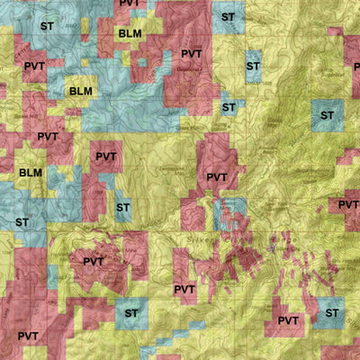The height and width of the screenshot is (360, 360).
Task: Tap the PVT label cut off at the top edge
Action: point(130,4)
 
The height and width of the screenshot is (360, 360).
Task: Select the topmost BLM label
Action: point(130,33)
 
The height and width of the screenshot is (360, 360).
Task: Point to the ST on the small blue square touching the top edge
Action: point(228,17)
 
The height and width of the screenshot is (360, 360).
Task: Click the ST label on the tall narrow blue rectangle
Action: point(253,66)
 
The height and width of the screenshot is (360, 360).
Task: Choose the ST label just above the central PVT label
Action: point(228,107)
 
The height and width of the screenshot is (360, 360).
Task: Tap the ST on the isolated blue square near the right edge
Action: point(325,115)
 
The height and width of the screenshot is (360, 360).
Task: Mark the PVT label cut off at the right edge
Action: point(349,205)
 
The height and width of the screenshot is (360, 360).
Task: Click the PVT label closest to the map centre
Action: point(217,177)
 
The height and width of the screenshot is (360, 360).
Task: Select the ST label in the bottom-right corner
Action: point(332,312)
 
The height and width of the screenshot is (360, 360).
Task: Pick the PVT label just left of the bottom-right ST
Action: point(288,320)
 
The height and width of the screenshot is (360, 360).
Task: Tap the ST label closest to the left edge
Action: point(22,221)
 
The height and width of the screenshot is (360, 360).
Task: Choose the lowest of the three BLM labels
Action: point(30,172)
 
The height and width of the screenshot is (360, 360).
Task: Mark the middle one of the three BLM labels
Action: point(80,91)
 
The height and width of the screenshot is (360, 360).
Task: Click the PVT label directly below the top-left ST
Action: point(34,67)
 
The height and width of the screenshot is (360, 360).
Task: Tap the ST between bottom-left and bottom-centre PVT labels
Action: point(132,313)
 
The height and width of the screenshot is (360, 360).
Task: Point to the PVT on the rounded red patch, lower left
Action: point(94,262)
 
